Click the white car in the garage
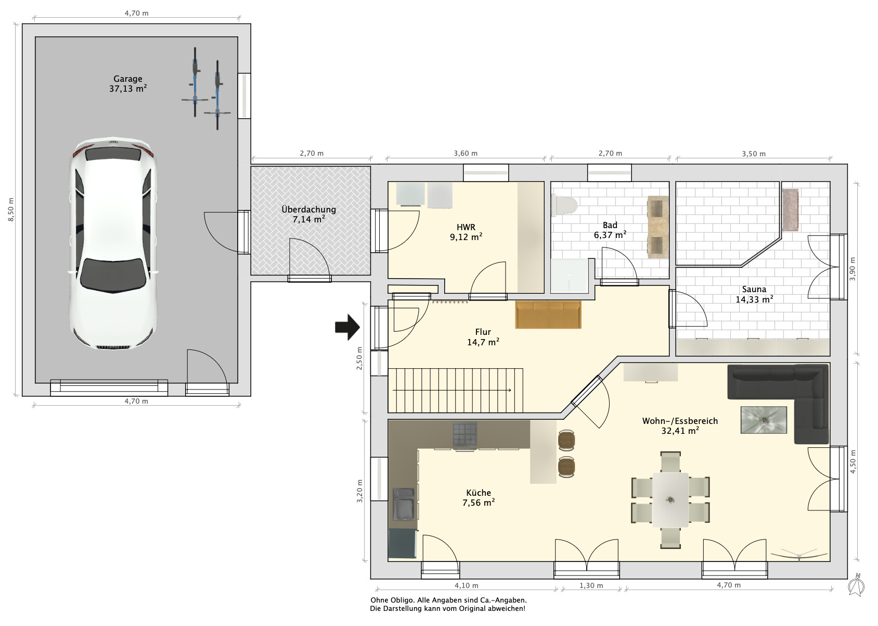click(x=114, y=243)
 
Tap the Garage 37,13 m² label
click(x=128, y=84)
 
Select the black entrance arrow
click(x=347, y=327)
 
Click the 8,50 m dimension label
click(x=11, y=209)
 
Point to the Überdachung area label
click(x=309, y=214)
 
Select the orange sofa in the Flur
click(x=548, y=315)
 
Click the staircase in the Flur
click(x=456, y=390)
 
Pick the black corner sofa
click(x=779, y=404)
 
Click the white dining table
click(x=670, y=500)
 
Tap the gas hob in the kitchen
click(x=465, y=435)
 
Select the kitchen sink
click(x=404, y=504)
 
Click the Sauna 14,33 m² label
click(x=754, y=294)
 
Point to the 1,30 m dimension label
click(x=591, y=585)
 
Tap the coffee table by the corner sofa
click(x=764, y=420)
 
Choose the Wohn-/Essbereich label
click(x=680, y=421)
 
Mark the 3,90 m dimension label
click(x=853, y=269)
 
